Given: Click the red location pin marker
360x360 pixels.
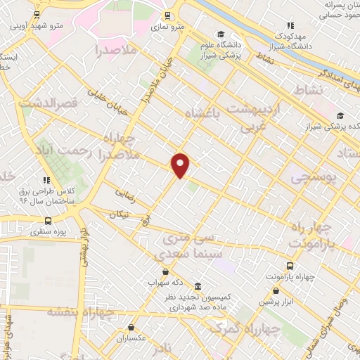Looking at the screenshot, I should (181, 165).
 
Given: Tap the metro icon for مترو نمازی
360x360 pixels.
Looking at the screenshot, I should (167, 15).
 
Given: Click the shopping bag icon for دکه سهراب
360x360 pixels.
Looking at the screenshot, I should (165, 272).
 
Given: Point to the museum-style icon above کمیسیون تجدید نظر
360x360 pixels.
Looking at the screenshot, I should (198, 287).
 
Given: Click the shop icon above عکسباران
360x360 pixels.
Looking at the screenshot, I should (131, 327).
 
